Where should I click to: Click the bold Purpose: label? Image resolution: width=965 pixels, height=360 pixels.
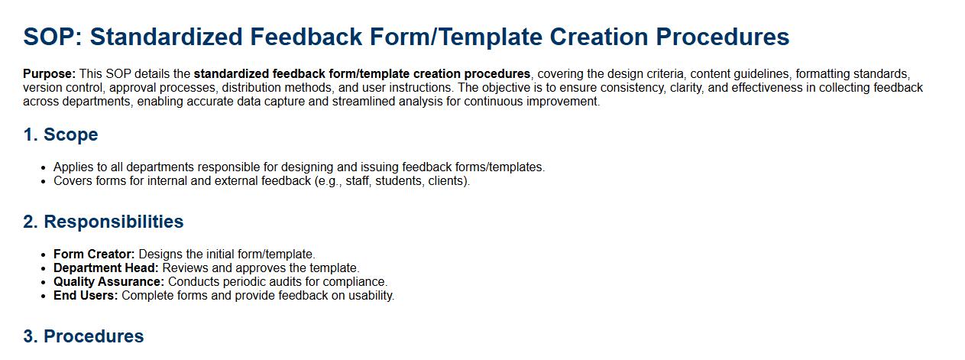click(49, 73)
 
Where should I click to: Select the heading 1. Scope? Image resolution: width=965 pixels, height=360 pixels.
click(60, 135)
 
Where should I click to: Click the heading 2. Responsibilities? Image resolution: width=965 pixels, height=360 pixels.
click(103, 222)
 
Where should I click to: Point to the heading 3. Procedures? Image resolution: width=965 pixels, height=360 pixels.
click(83, 336)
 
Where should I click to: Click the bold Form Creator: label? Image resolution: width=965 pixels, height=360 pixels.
click(94, 254)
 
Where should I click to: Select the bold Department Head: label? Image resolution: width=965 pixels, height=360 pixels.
click(106, 268)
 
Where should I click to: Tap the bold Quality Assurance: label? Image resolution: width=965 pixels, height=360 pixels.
click(109, 281)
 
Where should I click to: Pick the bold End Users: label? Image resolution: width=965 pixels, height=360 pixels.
click(86, 295)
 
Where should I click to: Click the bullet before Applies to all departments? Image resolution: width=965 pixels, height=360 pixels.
click(43, 167)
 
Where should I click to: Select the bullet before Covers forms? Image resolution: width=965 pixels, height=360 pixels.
click(43, 181)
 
